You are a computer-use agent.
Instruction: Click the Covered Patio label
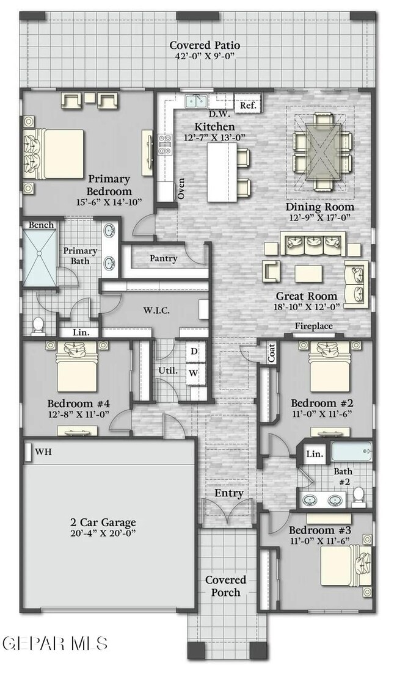[x=205, y=45]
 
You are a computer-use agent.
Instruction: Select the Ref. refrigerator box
[x=248, y=105]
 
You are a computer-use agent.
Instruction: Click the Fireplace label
[x=313, y=326]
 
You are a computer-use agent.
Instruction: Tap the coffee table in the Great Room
[x=308, y=273]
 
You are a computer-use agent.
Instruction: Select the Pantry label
[x=164, y=258]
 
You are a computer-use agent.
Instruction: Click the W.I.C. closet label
[x=156, y=310]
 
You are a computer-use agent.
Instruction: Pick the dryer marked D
[x=194, y=352]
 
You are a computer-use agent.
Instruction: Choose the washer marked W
[x=194, y=372]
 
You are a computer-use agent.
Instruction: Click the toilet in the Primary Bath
[x=38, y=325]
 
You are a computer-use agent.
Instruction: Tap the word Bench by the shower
[x=42, y=225]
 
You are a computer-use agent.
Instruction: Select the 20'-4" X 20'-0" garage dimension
[x=103, y=534]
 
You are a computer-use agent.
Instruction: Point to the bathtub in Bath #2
[x=351, y=451]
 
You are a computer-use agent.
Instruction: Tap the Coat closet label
[x=272, y=353]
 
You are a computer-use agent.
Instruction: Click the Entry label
[x=229, y=493]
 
